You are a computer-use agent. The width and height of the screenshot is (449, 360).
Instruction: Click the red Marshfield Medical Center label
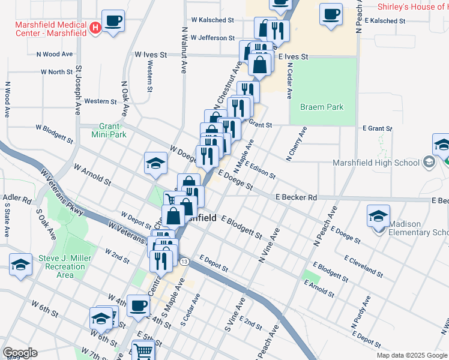[50, 28]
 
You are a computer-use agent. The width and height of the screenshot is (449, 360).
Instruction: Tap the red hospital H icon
[94, 28]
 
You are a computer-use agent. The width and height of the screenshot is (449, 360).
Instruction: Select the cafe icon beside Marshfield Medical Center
[113, 22]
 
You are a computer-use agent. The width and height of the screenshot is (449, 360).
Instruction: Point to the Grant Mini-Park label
[110, 130]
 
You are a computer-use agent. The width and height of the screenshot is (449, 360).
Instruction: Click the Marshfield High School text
[376, 163]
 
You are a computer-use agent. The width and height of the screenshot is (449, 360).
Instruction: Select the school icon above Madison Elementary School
[379, 216]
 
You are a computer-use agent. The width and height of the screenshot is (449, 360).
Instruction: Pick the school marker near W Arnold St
[155, 164]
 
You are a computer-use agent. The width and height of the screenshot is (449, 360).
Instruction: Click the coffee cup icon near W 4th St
[138, 307]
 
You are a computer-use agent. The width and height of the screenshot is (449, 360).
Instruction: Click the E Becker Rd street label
[296, 197]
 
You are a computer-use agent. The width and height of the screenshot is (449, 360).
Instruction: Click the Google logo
[20, 353]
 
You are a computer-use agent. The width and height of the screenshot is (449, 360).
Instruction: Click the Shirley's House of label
[412, 7]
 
